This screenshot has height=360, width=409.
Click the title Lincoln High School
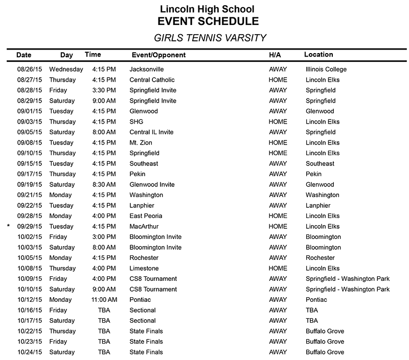pyautogui.click(x=207, y=9)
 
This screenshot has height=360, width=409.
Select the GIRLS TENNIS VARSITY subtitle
pyautogui.click(x=210, y=38)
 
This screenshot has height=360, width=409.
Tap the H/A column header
pyautogui.click(x=275, y=55)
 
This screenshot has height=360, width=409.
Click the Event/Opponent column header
pyautogui.click(x=158, y=55)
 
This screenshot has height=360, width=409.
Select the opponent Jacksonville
pyautogui.click(x=147, y=69)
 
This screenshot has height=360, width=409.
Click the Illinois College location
pyautogui.click(x=326, y=69)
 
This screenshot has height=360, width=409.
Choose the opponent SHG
pyautogui.click(x=137, y=122)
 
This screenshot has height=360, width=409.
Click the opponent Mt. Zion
pyautogui.click(x=142, y=142)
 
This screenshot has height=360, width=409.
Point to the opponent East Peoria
pyautogui.click(x=146, y=216)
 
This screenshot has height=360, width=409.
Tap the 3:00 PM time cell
pyautogui.click(x=104, y=237)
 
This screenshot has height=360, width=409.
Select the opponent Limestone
pyautogui.click(x=144, y=268)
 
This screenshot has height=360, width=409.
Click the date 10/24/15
pyautogui.click(x=31, y=352)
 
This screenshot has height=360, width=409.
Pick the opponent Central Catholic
pyautogui.click(x=152, y=80)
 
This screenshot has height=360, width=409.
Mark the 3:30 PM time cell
pyautogui.click(x=104, y=90)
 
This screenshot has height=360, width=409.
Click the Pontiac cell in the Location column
pyautogui.click(x=316, y=300)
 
